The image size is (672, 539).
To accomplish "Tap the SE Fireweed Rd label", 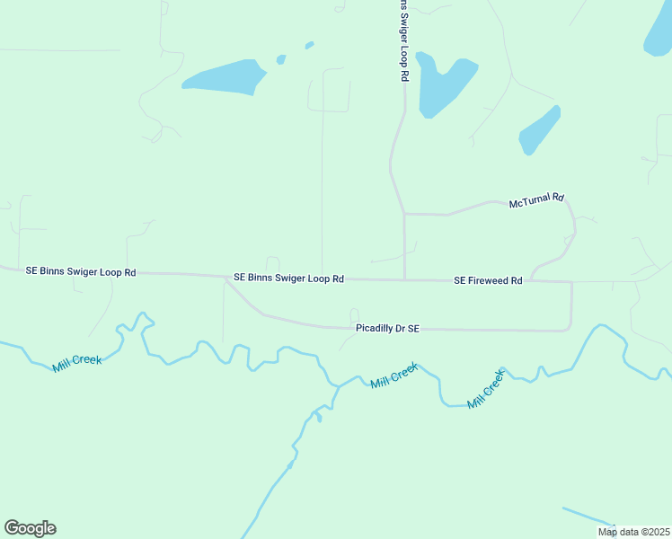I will coord(488,280).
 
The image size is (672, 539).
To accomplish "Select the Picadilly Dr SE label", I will coord(388,329).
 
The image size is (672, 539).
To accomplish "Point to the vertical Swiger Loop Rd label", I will coord(403,41).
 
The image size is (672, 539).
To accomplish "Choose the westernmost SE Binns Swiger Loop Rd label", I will coord(81,270).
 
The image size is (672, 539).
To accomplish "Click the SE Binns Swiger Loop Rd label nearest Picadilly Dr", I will coord(288,278).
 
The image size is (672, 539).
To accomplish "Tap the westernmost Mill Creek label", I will coord(77,360).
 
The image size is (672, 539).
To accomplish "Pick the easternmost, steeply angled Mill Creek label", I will coord(487,386).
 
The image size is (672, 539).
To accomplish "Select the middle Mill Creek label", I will coord(394,376).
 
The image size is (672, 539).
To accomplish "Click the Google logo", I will coord(31,528).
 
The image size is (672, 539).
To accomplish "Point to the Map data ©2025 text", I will coord(633,532).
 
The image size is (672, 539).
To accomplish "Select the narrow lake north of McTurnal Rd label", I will coord(539,130).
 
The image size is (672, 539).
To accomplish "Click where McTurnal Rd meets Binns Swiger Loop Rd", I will coord(404,214).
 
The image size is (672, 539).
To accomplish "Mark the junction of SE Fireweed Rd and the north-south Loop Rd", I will coord(404,279).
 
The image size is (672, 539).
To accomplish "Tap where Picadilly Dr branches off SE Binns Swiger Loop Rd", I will coord(225,277).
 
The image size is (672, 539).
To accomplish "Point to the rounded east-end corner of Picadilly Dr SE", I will coord(570,328).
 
